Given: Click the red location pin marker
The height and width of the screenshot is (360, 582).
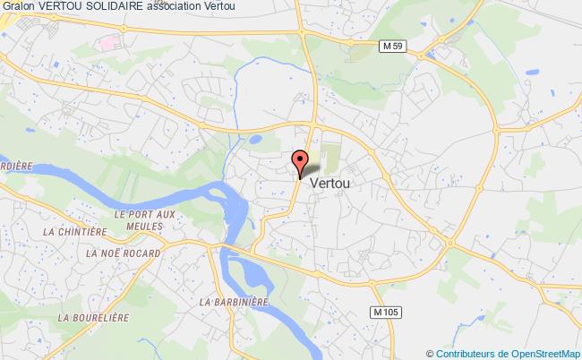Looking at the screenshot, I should point(301,162).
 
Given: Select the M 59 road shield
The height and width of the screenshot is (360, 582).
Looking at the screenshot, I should point(386,47).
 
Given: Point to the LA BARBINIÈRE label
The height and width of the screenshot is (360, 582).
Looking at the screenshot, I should point(235,302).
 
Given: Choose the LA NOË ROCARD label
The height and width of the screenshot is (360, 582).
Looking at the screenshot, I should point(124,253).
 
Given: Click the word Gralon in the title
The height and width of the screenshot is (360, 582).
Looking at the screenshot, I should point(21,7).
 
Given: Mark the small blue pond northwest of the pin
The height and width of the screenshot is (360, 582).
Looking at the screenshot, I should point(255,140).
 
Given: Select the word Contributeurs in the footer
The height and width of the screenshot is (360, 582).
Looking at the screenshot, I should point(465,353).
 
